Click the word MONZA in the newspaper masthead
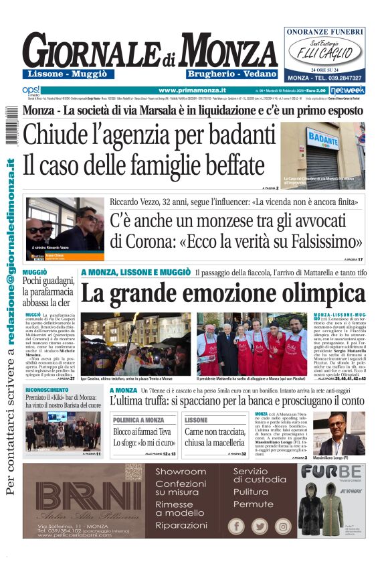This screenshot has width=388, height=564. pyautogui.click(x=228, y=50)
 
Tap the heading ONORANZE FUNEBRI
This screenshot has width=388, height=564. pyautogui.click(x=324, y=31)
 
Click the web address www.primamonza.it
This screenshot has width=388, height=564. pyautogui.click(x=192, y=90)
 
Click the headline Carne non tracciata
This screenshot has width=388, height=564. pyautogui.click(x=215, y=431)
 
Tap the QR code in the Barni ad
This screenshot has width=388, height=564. pyautogui.click(x=133, y=472)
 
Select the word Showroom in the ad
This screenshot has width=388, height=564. pyautogui.click(x=180, y=472)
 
